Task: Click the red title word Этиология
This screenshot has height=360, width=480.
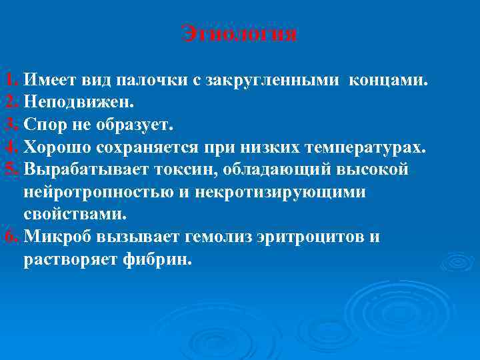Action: [x=239, y=33]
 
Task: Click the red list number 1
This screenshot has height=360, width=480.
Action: [x=9, y=81]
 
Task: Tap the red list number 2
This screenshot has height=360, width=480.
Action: [x=9, y=102]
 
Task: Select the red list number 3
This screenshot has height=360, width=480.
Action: [x=9, y=124]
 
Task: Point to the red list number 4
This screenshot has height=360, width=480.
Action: [x=9, y=147]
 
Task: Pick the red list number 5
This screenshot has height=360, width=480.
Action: [x=9, y=169]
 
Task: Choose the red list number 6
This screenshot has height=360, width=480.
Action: [x=9, y=237]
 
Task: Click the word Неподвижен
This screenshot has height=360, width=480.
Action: [x=79, y=103]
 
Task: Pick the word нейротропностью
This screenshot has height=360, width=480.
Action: [x=108, y=192]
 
